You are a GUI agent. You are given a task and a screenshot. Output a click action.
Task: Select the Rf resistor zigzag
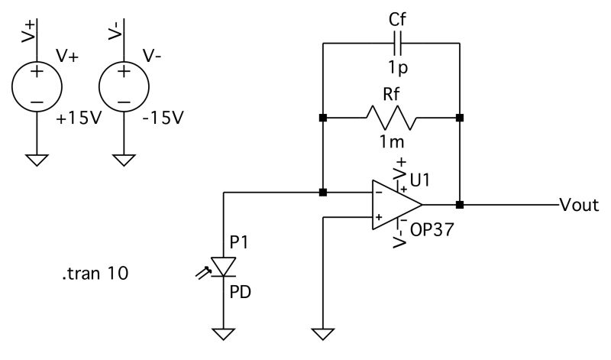tap(391, 118)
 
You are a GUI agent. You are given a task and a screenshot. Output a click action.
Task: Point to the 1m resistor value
tap(392, 141)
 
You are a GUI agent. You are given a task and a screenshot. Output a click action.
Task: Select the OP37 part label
tap(432, 229)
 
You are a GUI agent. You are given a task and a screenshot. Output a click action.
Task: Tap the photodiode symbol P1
tap(223, 267)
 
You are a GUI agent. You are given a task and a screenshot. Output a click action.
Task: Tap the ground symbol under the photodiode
tap(223, 332)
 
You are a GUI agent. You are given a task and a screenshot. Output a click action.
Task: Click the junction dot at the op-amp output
tap(460, 205)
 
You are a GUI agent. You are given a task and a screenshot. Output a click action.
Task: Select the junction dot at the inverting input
tap(323, 193)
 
